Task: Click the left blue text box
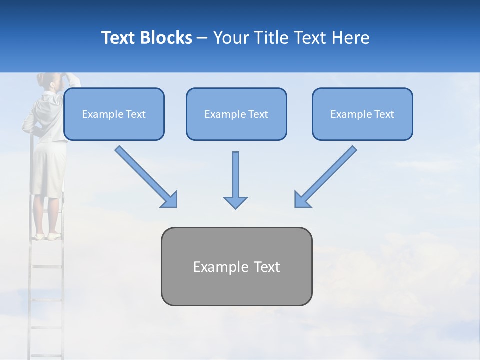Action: [114, 114]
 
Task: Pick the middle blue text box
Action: [236, 114]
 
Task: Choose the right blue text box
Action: [362, 114]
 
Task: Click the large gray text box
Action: [236, 266]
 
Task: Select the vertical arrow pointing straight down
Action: [235, 180]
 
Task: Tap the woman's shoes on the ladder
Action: [47, 236]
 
